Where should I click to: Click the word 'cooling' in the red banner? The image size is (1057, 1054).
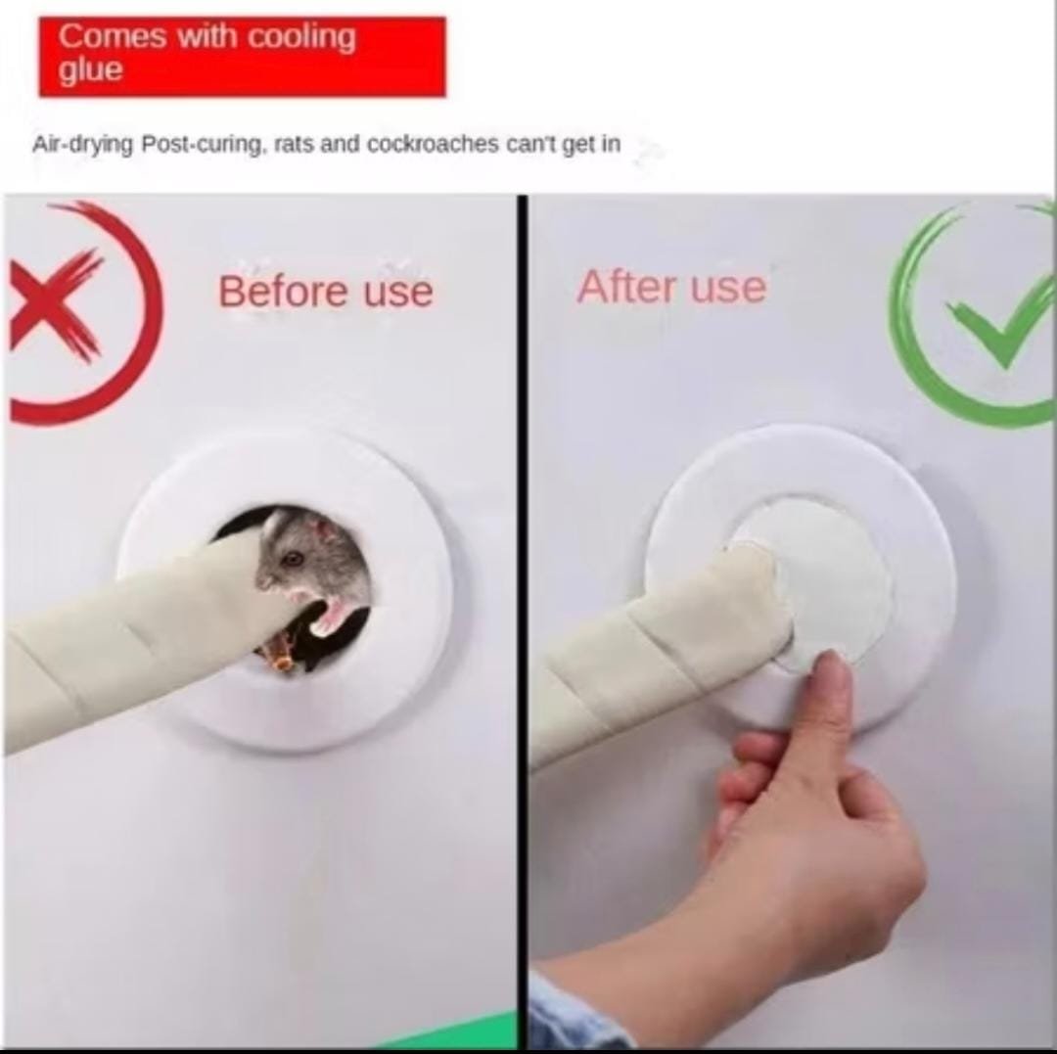coord(301,37)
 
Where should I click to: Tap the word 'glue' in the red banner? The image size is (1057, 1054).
coord(91,69)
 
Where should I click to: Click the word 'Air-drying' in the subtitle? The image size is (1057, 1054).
coord(83,144)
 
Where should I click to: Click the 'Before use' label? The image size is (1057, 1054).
coord(325,292)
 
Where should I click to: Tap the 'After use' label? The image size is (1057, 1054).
coord(671,287)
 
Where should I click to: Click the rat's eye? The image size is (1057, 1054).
coord(292,558)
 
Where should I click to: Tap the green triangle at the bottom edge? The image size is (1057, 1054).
coord(465,1031)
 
